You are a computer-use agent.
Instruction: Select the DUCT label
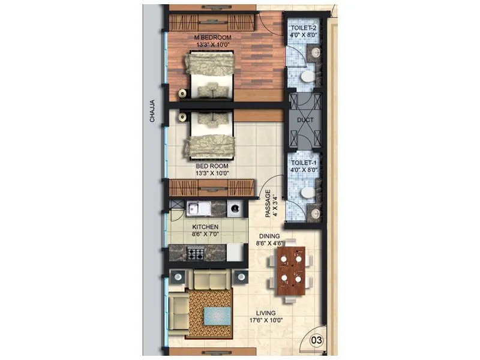click(305, 120)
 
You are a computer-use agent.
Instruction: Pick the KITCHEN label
click(205, 227)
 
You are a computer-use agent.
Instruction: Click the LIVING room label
click(265, 313)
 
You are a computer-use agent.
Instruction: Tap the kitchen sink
click(197, 209)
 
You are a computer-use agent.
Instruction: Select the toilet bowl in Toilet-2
click(306, 77)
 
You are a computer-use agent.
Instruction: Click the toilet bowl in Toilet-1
click(306, 193)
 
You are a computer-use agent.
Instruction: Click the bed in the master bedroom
click(210, 75)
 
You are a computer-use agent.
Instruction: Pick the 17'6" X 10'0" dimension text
click(265, 320)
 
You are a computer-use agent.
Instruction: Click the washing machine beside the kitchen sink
click(234, 209)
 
